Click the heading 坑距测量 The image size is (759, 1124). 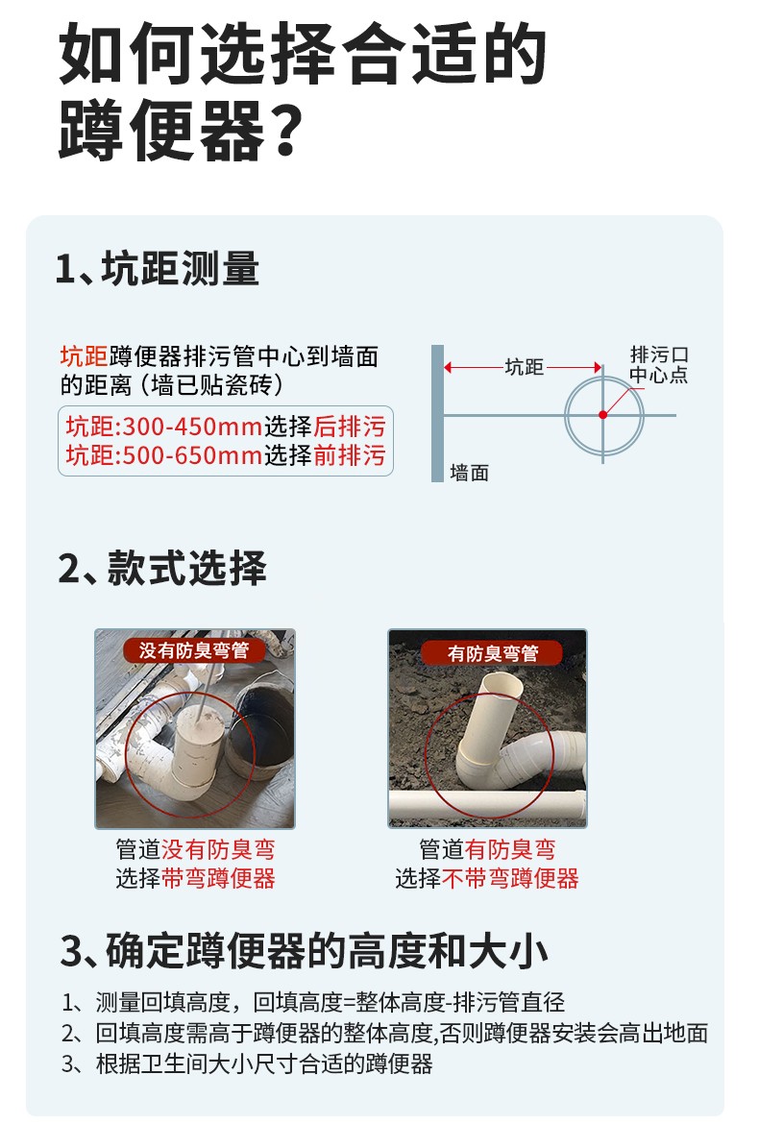point(181,269)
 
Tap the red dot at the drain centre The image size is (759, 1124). point(602,414)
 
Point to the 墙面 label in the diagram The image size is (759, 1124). point(470,473)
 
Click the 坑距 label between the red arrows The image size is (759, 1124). point(525,367)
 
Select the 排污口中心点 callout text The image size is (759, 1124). point(659,364)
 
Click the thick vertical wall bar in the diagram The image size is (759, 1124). point(437,414)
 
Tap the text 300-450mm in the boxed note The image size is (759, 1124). point(193,427)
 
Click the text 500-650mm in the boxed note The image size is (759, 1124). point(193,455)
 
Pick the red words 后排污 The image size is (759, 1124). point(350,427)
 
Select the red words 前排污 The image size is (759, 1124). point(350,455)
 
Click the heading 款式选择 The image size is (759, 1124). point(187,568)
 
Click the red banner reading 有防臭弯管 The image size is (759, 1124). point(492,652)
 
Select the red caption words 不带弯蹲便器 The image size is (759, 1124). point(510,878)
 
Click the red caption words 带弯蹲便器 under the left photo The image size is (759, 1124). point(219,878)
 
